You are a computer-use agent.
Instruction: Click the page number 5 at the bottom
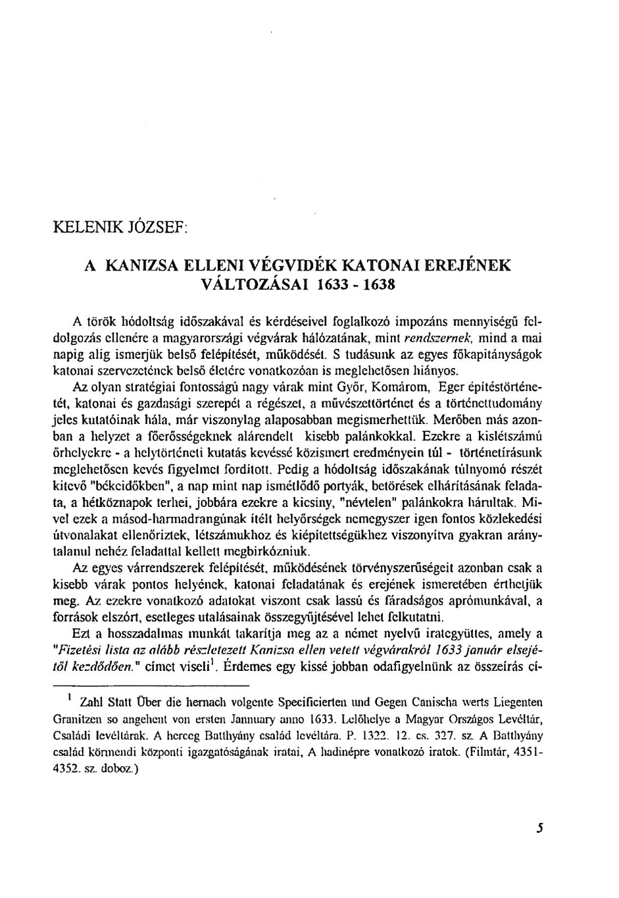point(539,828)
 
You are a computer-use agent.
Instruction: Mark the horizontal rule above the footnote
point(132,681)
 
